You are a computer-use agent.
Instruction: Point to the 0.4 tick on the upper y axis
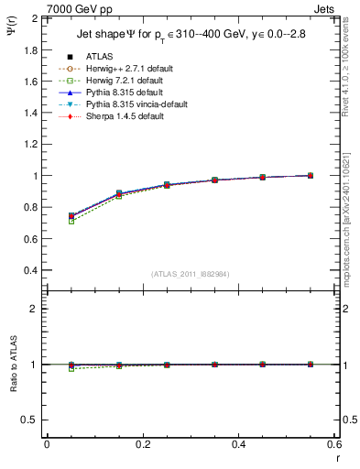point(30,270)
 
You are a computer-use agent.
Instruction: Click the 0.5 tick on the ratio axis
point(30,420)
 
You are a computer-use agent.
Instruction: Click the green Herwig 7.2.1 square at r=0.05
point(71,222)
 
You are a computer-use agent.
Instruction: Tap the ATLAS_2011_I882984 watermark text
point(191,274)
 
